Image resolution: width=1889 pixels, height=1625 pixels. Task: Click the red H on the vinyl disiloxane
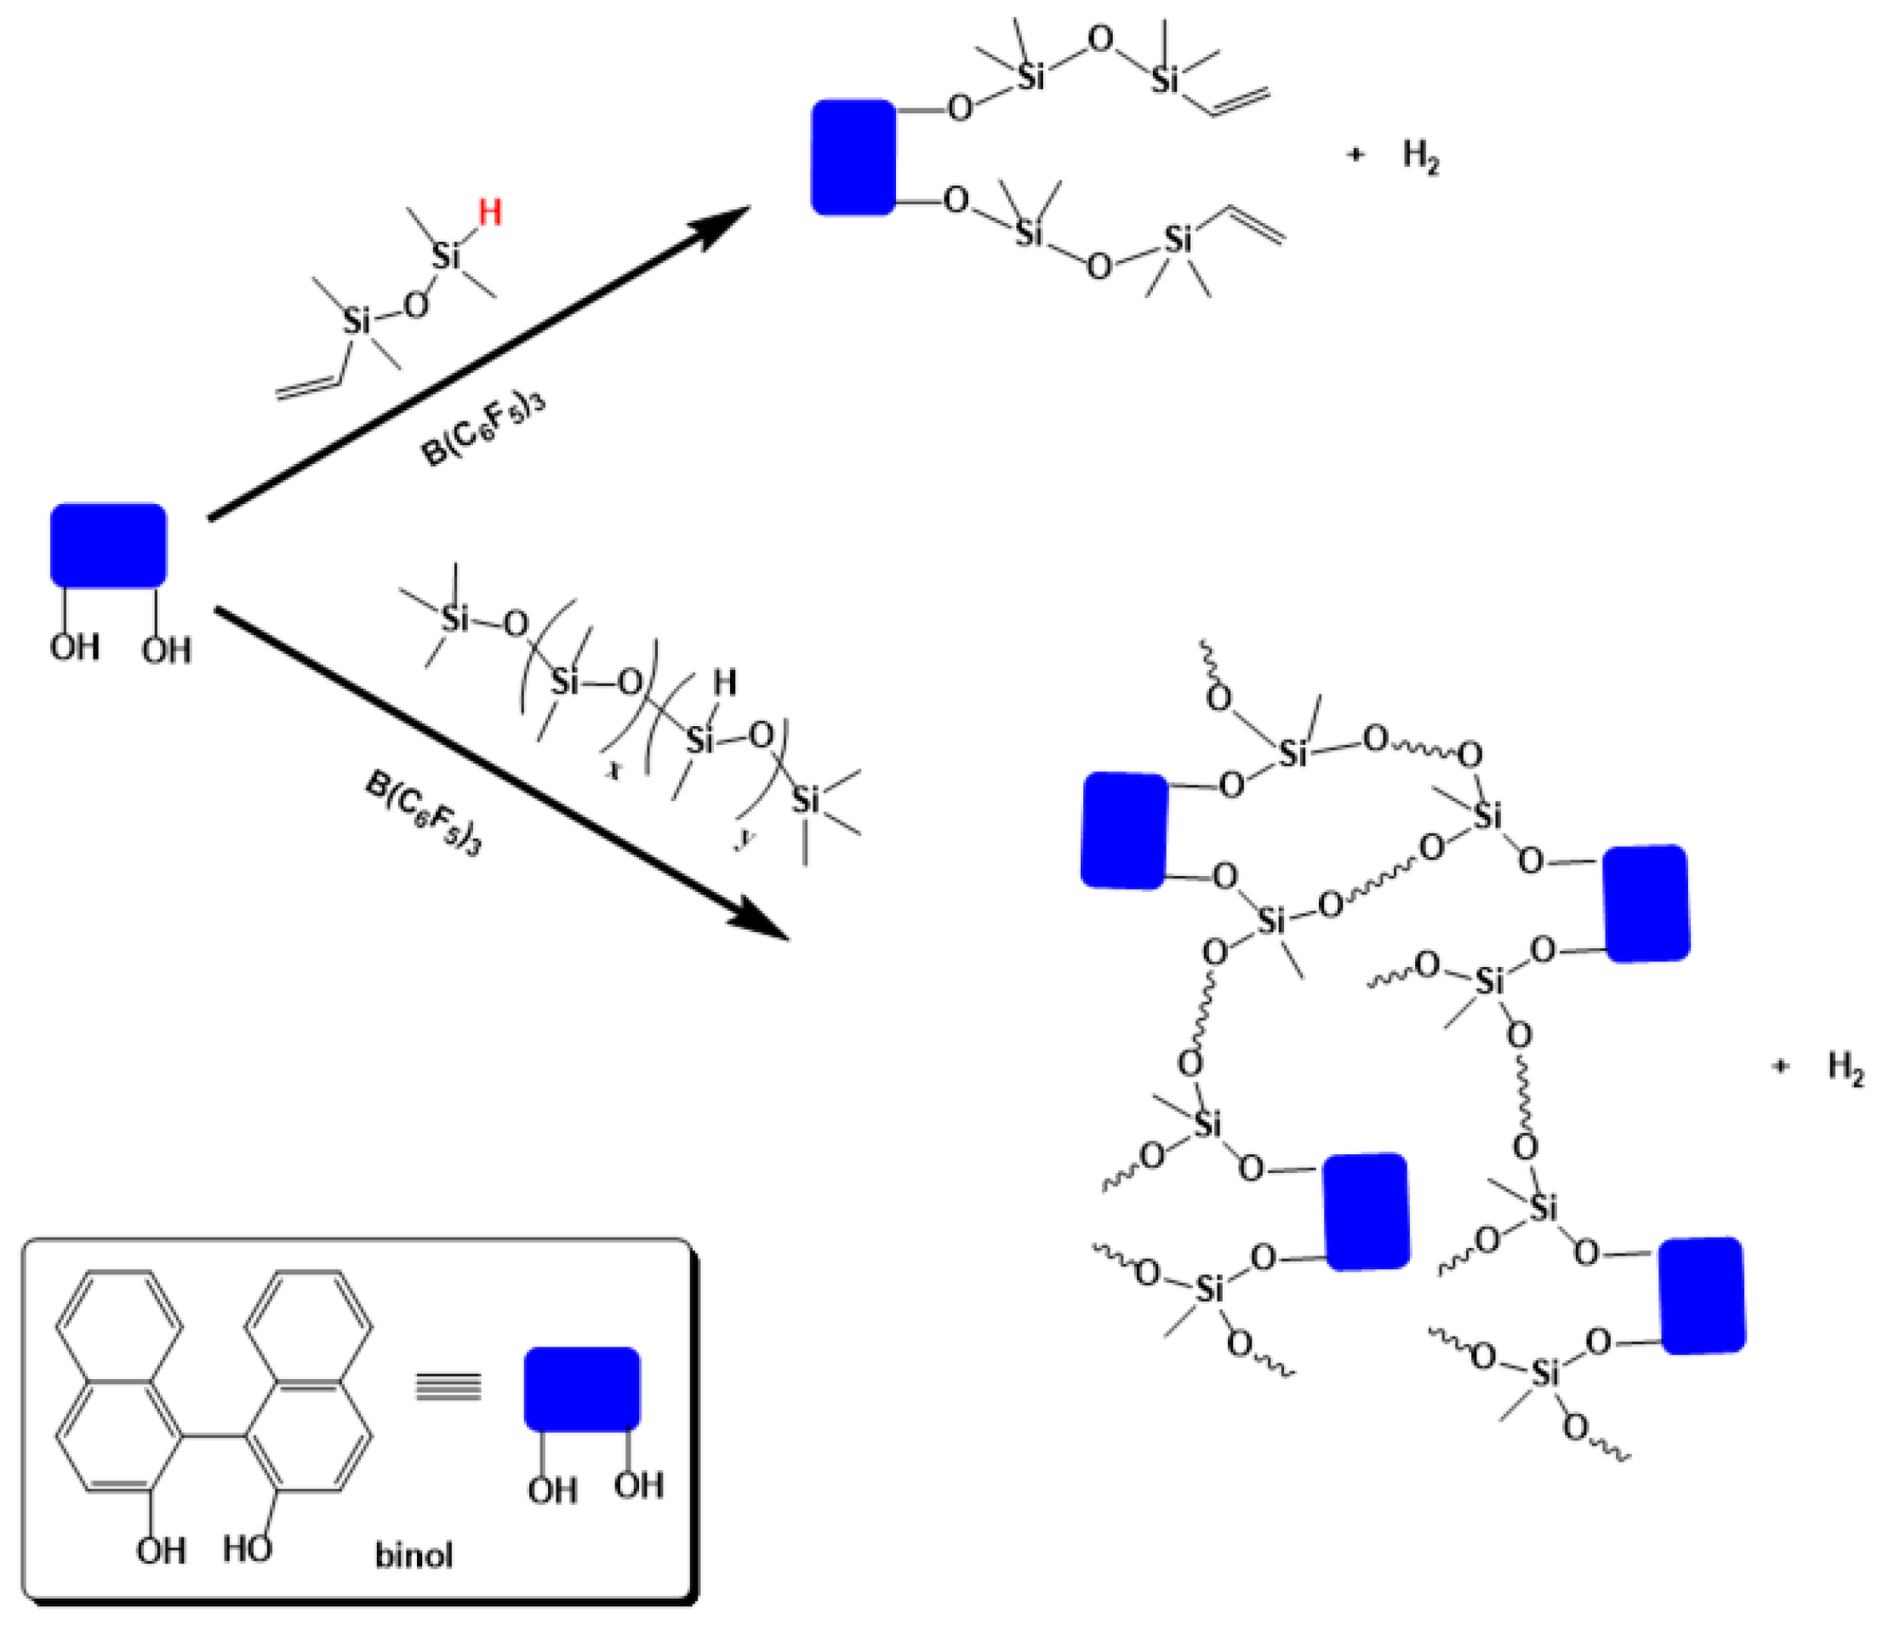pyautogui.click(x=489, y=214)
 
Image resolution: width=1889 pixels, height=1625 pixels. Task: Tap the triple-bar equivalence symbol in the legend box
pyautogui.click(x=448, y=1388)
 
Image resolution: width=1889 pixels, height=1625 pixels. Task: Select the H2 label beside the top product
pyautogui.click(x=1420, y=157)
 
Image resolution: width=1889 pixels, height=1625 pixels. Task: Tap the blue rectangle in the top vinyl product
pyautogui.click(x=853, y=157)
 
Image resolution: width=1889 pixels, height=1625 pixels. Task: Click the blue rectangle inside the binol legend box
pyautogui.click(x=582, y=1388)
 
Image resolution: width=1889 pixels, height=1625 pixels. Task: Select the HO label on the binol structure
pyautogui.click(x=247, y=1548)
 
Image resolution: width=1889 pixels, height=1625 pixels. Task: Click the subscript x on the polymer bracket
pyautogui.click(x=613, y=770)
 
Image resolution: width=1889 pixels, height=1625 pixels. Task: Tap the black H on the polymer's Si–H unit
pyautogui.click(x=725, y=682)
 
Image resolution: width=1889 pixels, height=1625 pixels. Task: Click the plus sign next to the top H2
pyautogui.click(x=1355, y=155)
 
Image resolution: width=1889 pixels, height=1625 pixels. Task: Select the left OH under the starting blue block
pyautogui.click(x=74, y=648)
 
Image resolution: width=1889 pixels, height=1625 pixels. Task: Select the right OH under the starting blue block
pyautogui.click(x=167, y=650)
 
